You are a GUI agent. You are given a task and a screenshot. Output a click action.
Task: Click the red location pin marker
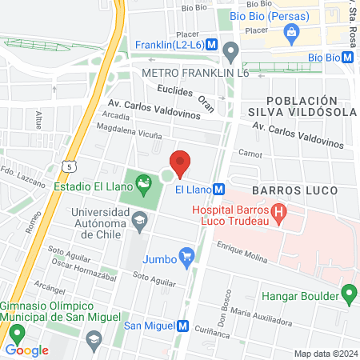point(180,162)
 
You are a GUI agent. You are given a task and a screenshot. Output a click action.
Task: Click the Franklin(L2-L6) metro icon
point(210,45)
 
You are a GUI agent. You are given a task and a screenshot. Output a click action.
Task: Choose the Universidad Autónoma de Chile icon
point(141,221)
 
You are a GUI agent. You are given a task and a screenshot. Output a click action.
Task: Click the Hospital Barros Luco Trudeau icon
point(278,214)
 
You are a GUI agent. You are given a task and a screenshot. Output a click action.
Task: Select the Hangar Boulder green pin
point(349,294)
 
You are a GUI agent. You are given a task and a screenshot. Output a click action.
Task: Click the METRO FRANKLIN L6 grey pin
point(231,54)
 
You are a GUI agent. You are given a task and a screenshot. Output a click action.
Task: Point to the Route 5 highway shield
point(70,166)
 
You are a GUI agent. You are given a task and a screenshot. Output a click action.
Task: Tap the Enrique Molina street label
point(241,252)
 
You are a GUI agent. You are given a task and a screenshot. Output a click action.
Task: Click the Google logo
point(26,350)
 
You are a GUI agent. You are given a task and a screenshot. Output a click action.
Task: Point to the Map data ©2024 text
point(324,354)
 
